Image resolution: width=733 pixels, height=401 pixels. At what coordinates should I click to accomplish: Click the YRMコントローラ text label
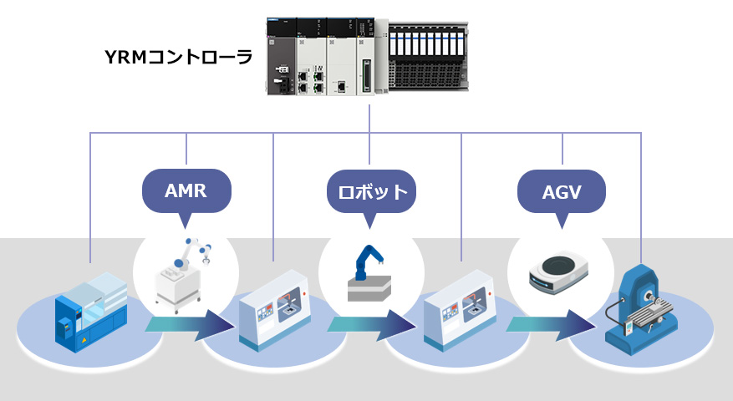[178, 58]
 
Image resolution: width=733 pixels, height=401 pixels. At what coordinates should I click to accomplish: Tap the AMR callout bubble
[186, 190]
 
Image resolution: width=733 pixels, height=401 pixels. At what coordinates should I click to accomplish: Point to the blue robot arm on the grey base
[365, 262]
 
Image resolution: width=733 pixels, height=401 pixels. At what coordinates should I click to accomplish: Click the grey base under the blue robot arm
[369, 289]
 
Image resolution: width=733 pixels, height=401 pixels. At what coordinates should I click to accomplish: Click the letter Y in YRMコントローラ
[109, 58]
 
